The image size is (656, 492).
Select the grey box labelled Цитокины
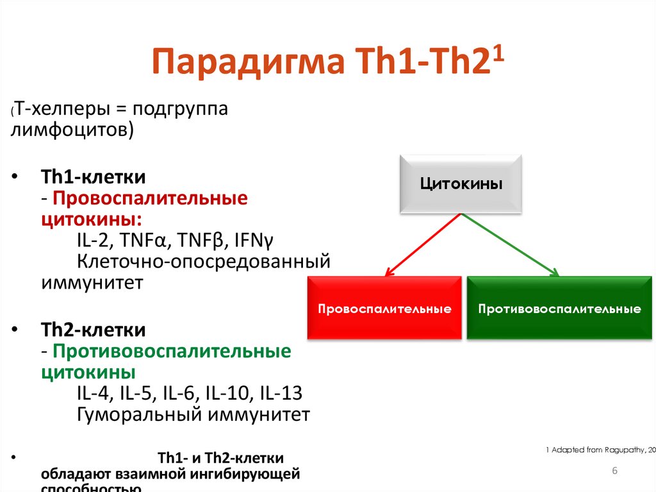tap(461, 184)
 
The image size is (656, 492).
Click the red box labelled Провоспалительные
tap(384, 309)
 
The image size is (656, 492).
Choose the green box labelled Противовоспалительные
tap(559, 309)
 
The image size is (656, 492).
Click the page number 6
tap(614, 471)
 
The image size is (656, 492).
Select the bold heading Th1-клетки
tap(94, 176)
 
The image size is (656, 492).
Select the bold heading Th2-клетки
tap(94, 330)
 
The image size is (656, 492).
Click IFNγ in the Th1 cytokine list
tap(254, 241)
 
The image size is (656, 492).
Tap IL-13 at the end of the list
tap(281, 393)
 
